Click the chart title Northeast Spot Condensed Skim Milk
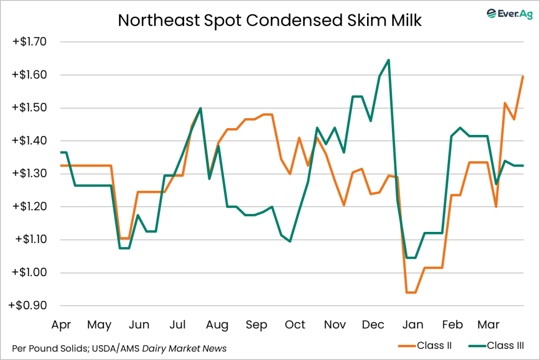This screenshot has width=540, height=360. pos(269,20)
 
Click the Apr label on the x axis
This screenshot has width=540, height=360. pos(62,324)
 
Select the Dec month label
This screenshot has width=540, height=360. pos(372,324)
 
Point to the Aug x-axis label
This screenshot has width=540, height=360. pos(217,324)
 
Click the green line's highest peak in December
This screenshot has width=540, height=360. pos(389,60)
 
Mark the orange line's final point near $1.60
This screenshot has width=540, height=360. pos(523,77)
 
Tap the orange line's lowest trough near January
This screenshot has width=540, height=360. pos(411,292)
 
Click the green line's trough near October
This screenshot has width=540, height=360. pos(290,241)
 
